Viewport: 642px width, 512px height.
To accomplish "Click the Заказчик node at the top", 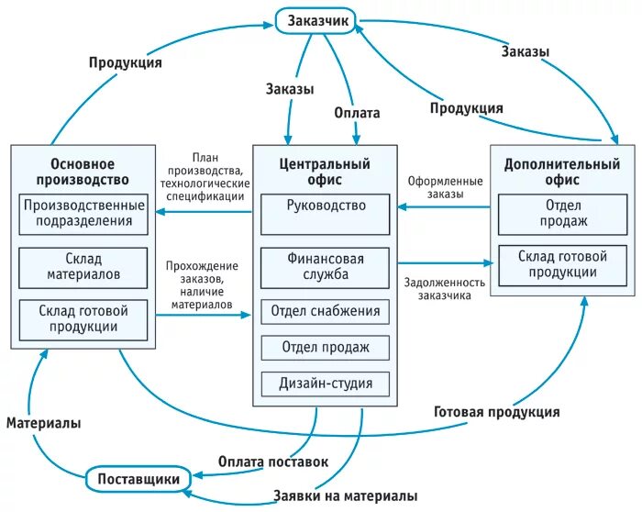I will tap(320, 20).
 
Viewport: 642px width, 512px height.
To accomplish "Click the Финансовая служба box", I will tap(326, 266).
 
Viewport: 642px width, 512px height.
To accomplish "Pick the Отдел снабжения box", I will tap(326, 311).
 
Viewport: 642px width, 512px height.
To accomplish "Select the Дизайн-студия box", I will tap(326, 383).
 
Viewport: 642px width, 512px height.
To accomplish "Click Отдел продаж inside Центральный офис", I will tap(326, 347).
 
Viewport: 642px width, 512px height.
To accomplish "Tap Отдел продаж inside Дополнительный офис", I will tap(558, 213).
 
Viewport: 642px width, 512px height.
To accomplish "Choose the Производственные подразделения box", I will tap(83, 213).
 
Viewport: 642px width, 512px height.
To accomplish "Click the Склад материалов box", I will tap(83, 265).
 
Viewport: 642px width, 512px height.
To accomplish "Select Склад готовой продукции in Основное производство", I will tap(83, 318).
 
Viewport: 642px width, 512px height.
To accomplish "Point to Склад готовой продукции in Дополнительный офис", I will tap(558, 264).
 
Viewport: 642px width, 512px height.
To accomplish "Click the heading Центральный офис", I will tap(325, 172).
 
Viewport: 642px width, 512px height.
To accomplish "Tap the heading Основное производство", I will tap(83, 172).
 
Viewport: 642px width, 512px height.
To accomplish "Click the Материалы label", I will tap(43, 423).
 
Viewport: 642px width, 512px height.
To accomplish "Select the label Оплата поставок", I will tap(272, 462).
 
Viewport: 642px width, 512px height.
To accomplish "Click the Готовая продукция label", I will tap(496, 412).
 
